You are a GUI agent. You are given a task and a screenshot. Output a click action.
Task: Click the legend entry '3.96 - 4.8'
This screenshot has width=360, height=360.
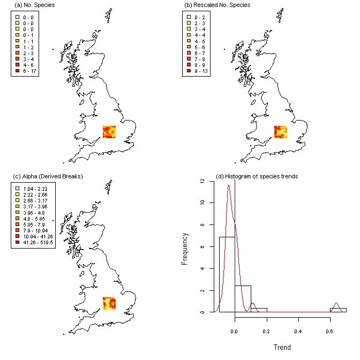coord(35,212)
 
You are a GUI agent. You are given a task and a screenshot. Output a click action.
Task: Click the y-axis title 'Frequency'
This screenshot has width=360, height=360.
coord(185,247)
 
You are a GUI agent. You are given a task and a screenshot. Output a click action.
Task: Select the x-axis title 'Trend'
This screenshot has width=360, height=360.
coord(282,347)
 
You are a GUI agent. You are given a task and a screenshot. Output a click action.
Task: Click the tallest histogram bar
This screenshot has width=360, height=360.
coord(227,274)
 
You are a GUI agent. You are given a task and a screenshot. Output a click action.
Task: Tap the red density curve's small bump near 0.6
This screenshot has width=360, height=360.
coord(336,305)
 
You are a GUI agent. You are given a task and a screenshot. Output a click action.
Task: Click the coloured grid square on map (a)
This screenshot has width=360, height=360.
coord(109,132)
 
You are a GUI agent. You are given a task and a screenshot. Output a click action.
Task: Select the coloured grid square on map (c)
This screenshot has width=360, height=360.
coord(109,303)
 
